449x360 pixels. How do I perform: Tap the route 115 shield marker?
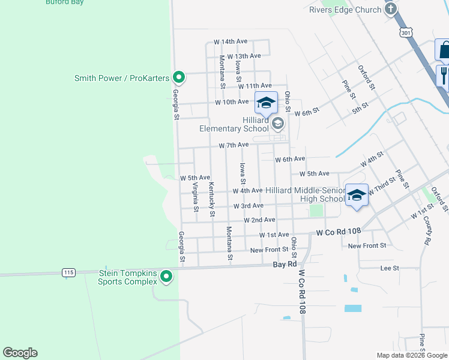[x=68, y=272]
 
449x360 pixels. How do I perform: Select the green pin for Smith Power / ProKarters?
[x=178, y=77]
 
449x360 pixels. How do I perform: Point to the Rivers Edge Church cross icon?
[x=391, y=9]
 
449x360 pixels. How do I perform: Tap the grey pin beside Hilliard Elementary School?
[x=277, y=124]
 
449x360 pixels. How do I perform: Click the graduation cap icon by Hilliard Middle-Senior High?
[x=357, y=196]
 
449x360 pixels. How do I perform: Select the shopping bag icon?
[x=444, y=51]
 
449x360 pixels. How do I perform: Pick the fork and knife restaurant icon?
[x=444, y=75]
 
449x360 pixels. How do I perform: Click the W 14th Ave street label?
[x=231, y=42]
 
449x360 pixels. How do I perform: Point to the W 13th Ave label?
[x=244, y=56]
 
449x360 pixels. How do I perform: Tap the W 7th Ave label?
[x=234, y=145]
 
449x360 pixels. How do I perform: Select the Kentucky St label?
[x=211, y=200]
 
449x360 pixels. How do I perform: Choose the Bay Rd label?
[x=285, y=264]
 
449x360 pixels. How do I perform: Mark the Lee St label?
[x=390, y=268]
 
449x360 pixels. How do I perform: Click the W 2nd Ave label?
[x=259, y=220]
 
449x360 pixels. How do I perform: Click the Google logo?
[x=20, y=353]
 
